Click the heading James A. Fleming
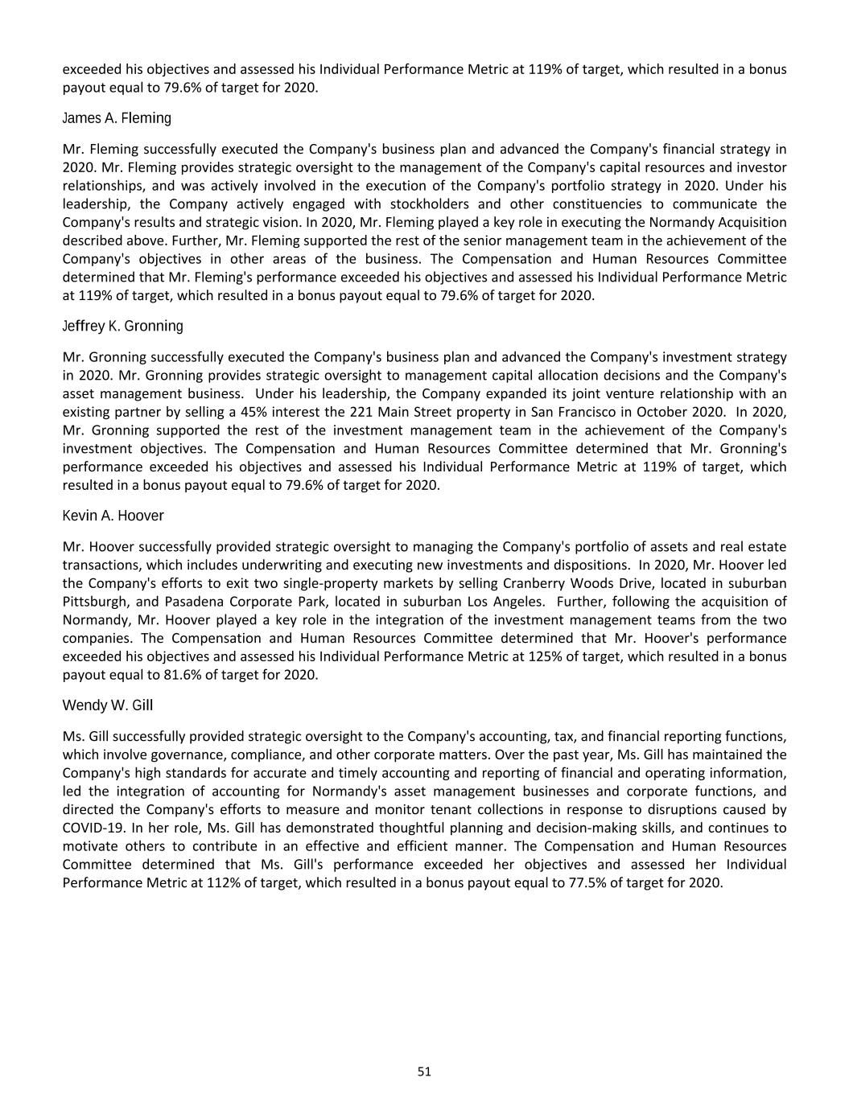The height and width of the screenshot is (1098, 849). (x=117, y=118)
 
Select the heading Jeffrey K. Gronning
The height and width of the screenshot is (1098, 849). (x=122, y=327)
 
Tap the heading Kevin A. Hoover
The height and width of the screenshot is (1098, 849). (x=113, y=516)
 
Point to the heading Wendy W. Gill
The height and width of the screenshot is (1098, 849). (x=107, y=705)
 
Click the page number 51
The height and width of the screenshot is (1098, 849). (x=424, y=1071)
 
